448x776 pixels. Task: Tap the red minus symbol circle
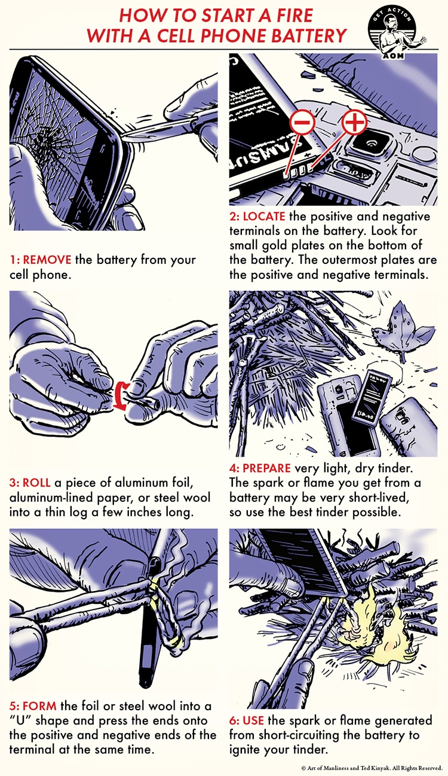[x=303, y=123]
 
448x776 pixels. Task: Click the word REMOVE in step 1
[x=47, y=260]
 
